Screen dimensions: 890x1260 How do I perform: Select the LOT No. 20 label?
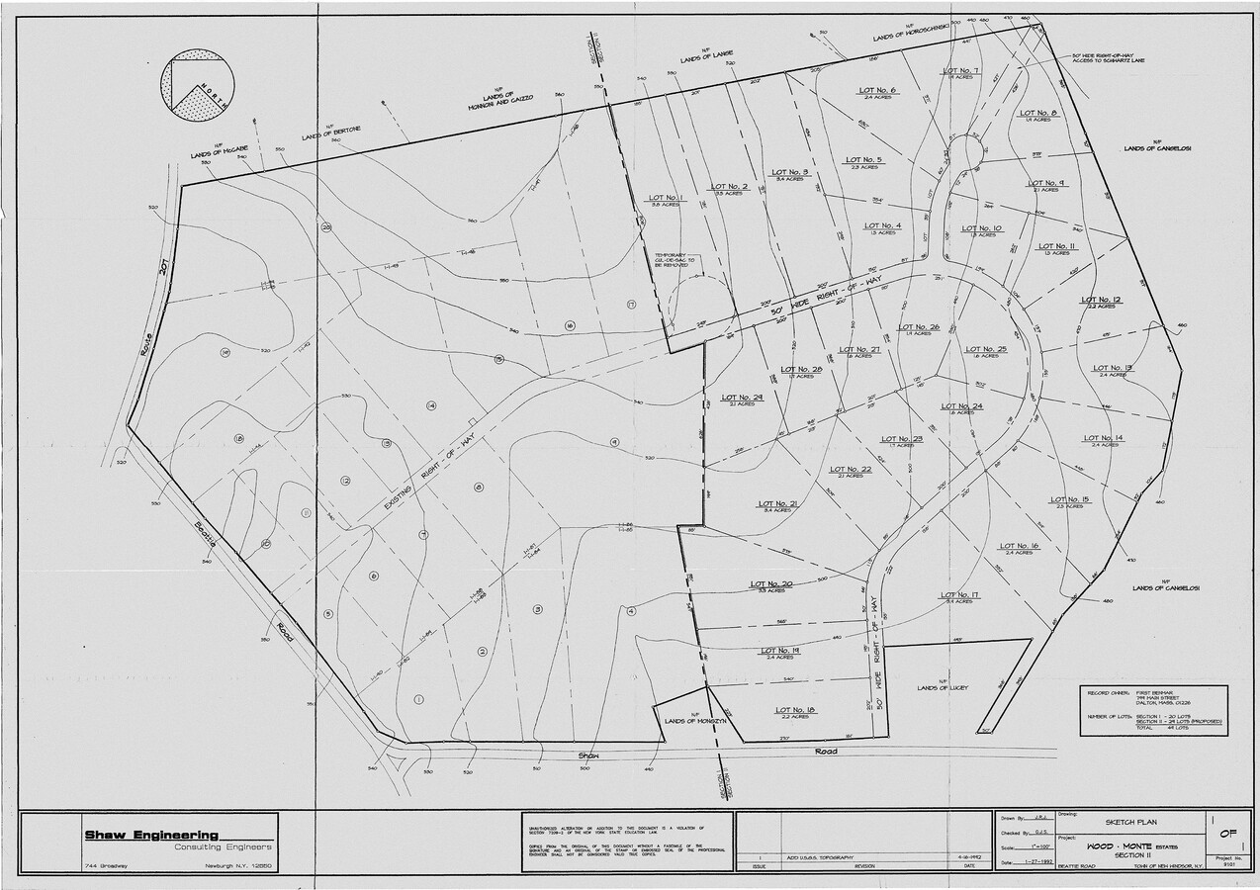point(771,584)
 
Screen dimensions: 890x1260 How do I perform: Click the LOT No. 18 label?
point(795,710)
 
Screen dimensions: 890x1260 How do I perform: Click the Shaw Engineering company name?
point(151,836)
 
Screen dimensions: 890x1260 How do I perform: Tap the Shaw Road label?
point(712,753)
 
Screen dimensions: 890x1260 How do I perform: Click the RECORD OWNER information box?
point(1152,710)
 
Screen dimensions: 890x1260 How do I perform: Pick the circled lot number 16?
point(570,325)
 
